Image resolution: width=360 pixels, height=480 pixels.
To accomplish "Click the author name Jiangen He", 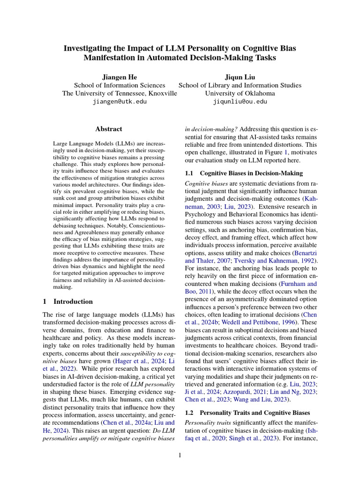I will pyautogui.click(x=120, y=76).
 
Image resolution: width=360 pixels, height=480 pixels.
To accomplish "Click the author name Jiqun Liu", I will pyautogui.click(x=240, y=76).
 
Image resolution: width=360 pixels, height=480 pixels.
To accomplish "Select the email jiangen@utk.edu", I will pyautogui.click(x=120, y=101).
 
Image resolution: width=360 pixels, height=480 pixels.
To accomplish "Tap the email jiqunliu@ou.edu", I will pyautogui.click(x=240, y=101).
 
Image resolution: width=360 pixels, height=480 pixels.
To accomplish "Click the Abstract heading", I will pyautogui.click(x=109, y=129).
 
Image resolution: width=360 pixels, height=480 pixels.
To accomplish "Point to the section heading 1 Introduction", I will pyautogui.click(x=67, y=301).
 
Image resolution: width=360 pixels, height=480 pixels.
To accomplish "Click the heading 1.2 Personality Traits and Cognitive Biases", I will pyautogui.click(x=248, y=412).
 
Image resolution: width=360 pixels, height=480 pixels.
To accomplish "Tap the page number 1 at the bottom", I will pyautogui.click(x=180, y=455).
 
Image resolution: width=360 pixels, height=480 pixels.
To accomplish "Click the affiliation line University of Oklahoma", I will pyautogui.click(x=240, y=93).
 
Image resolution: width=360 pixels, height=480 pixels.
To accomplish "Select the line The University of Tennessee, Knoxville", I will pyautogui.click(x=120, y=93).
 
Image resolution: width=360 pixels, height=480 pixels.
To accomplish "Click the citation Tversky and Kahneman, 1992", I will pyautogui.click(x=276, y=260).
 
